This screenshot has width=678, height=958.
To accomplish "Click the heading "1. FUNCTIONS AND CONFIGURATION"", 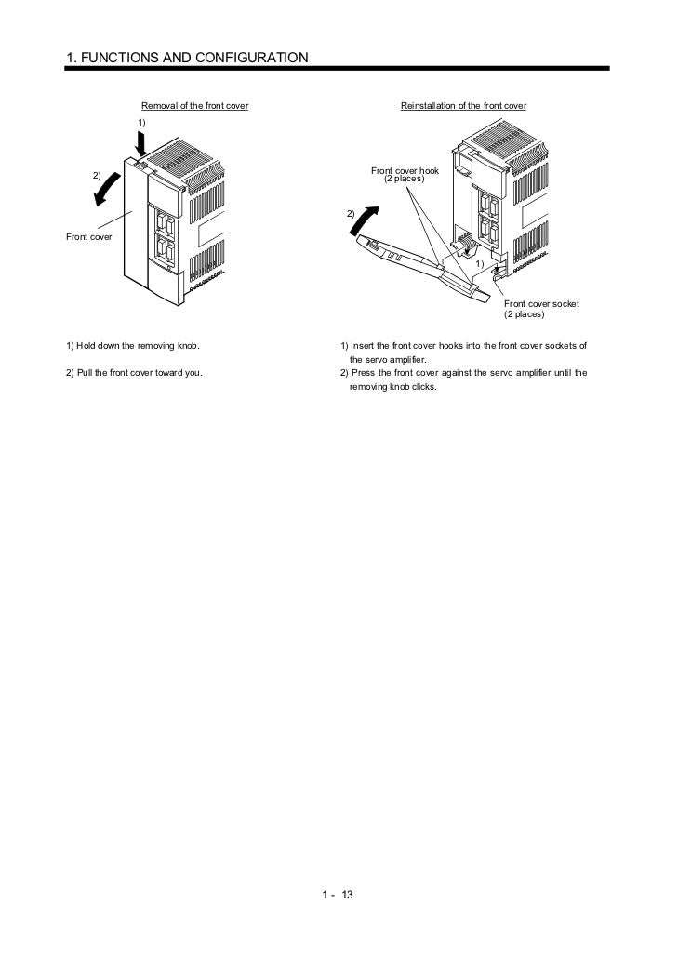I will tap(187, 58).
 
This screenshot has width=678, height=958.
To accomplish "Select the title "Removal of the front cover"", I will tap(194, 106).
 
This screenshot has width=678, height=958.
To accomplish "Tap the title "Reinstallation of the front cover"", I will tap(463, 106).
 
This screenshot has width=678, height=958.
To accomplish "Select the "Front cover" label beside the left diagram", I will tap(89, 237).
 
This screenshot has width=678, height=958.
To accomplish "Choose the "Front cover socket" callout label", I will tap(541, 303).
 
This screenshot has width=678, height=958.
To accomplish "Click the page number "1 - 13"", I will tap(339, 896).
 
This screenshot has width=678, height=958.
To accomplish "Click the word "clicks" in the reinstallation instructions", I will tap(423, 387).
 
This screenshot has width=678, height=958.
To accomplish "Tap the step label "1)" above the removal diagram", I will tap(141, 123).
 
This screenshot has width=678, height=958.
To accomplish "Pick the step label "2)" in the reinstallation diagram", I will tap(351, 214).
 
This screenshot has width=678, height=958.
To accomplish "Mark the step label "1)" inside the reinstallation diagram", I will tap(479, 264).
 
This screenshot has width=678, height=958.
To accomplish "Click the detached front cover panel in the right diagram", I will tap(419, 266).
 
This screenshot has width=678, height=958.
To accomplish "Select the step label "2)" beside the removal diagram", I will tap(95, 176).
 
